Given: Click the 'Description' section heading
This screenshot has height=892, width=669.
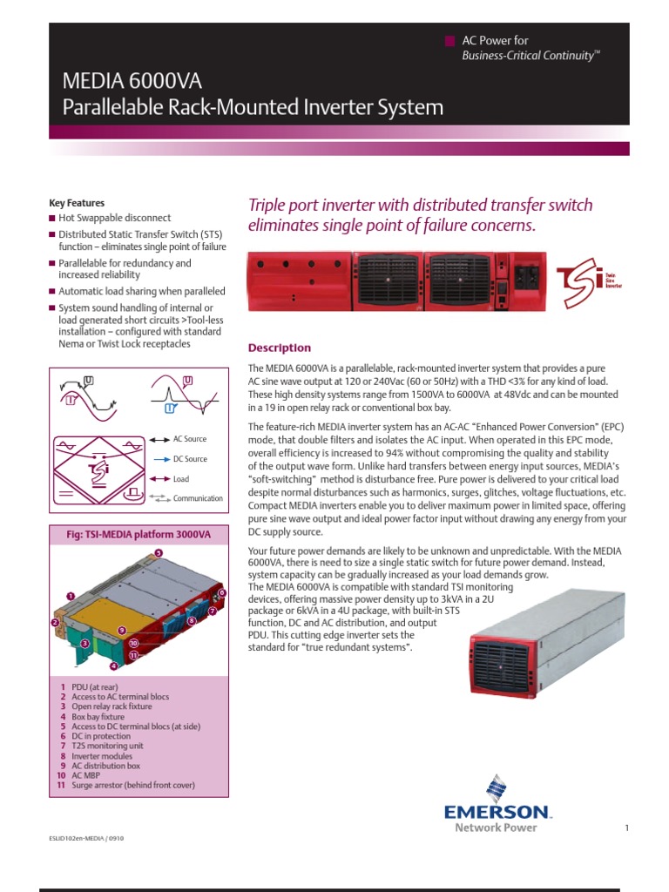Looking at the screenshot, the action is click(x=280, y=348).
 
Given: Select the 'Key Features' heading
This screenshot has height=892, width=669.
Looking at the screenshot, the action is click(x=77, y=203).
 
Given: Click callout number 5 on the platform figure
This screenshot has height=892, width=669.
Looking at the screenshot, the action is click(x=158, y=553).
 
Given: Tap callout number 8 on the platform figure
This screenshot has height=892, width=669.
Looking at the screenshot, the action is click(x=190, y=620).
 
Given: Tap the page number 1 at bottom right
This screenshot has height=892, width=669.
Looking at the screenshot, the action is click(x=626, y=828).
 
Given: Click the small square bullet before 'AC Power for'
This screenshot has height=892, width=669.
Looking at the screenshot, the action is click(x=449, y=41).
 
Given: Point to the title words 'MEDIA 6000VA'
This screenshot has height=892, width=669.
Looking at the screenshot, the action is click(x=132, y=82).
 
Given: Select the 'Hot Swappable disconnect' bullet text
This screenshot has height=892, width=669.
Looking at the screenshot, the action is click(x=115, y=218).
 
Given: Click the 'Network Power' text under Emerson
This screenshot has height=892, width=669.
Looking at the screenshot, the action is click(x=490, y=828).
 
